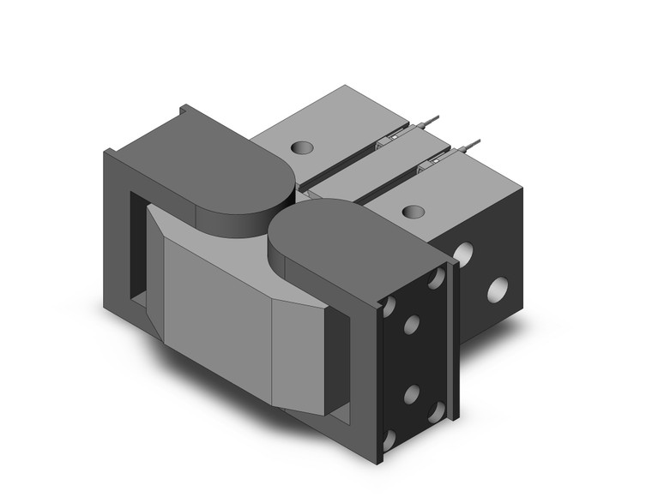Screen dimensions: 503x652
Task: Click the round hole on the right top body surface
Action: [x=413, y=211]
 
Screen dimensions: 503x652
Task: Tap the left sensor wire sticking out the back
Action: [x=434, y=119]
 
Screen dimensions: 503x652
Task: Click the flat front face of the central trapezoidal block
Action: [x=218, y=303]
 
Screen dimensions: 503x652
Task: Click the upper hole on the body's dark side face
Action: [x=463, y=254]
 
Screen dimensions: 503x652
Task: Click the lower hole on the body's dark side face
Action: [x=497, y=291]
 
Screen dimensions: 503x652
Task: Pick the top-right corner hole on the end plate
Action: [x=437, y=278]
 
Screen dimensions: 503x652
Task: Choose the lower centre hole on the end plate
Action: [x=411, y=393]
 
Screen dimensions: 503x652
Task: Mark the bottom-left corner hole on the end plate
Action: [x=389, y=439]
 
